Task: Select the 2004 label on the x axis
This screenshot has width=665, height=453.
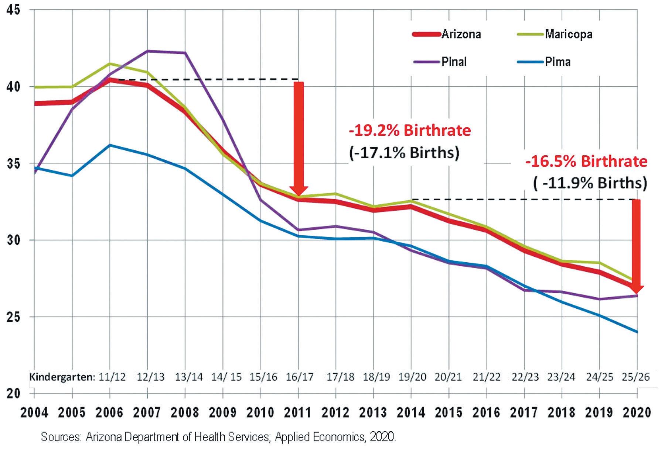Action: click(34, 412)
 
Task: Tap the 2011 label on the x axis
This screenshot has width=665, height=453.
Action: click(298, 412)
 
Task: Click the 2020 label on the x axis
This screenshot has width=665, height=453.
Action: click(637, 412)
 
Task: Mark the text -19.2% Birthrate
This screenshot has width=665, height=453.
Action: click(410, 131)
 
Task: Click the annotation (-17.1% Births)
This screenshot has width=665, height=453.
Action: click(404, 152)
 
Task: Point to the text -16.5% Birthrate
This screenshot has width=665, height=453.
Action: click(586, 162)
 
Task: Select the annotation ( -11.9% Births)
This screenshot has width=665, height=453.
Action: click(590, 183)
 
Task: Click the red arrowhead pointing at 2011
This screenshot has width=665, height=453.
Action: click(299, 190)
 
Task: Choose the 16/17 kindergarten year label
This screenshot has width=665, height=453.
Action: click(300, 377)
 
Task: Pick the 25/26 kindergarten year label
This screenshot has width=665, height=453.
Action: click(636, 377)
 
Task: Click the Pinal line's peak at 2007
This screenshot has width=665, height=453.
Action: click(147, 51)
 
